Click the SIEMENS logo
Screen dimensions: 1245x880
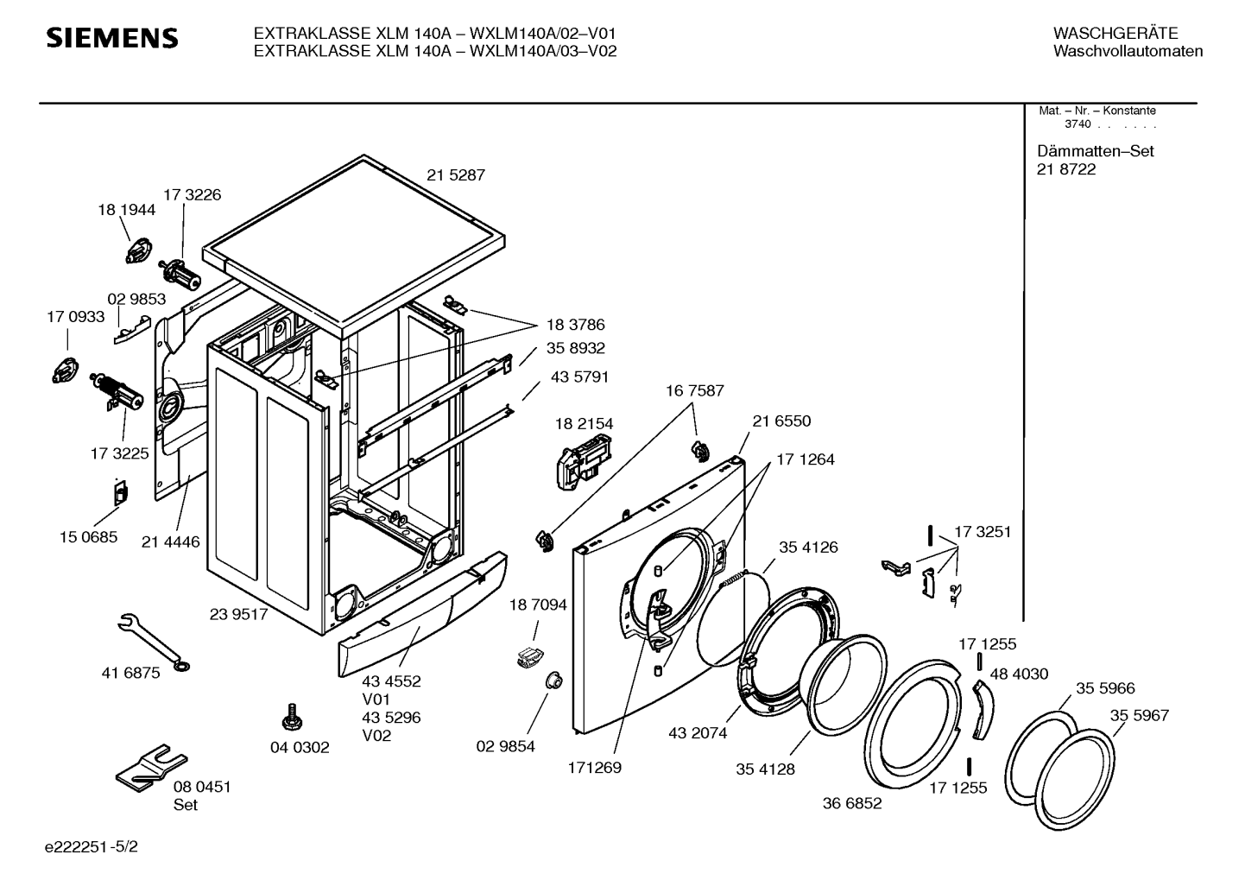click(x=111, y=38)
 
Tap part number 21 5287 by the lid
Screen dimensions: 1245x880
click(x=456, y=175)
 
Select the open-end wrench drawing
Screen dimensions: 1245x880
click(x=154, y=642)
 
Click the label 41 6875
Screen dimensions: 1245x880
click(x=130, y=673)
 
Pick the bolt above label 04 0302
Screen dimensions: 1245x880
click(x=292, y=717)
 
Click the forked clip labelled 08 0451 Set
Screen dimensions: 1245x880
click(x=151, y=767)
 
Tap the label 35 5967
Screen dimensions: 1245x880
click(x=1140, y=715)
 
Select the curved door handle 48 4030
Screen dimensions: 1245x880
click(x=983, y=710)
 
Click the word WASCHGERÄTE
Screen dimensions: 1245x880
click(x=1115, y=34)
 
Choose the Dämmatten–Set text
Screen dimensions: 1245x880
click(x=1095, y=151)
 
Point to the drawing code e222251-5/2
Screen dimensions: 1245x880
click(x=92, y=846)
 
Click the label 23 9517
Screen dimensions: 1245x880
click(x=238, y=614)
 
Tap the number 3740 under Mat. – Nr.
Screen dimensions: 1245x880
click(x=1078, y=124)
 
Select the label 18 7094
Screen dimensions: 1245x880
click(x=538, y=605)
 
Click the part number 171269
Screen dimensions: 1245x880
click(x=594, y=768)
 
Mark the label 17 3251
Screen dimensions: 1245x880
click(x=983, y=532)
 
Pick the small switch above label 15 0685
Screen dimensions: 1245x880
click(x=121, y=492)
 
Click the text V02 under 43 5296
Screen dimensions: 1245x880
click(x=376, y=736)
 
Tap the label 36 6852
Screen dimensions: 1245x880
click(x=852, y=803)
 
